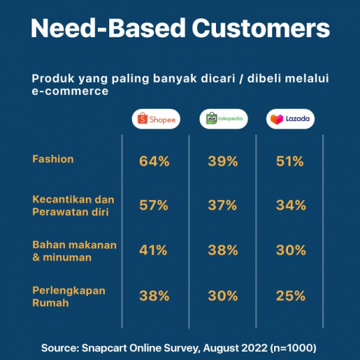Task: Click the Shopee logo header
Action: coord(155,119)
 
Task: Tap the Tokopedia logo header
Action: coord(224,119)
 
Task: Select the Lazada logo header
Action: coord(291,119)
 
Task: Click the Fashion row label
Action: coord(53,159)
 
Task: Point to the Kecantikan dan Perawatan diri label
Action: coord(73,205)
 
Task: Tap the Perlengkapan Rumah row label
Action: coord(68,296)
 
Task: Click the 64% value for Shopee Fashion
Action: coord(154,161)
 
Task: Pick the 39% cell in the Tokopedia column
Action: coord(222,161)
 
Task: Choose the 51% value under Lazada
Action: coord(291,161)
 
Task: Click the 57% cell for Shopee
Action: coord(154,205)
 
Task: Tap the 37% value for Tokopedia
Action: coord(222,205)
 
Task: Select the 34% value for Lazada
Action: coord(291,205)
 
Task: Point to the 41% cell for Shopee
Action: coord(154,250)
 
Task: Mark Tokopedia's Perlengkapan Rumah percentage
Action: coord(222,296)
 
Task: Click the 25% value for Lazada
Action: coord(291,296)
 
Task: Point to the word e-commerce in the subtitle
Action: coord(69,92)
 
